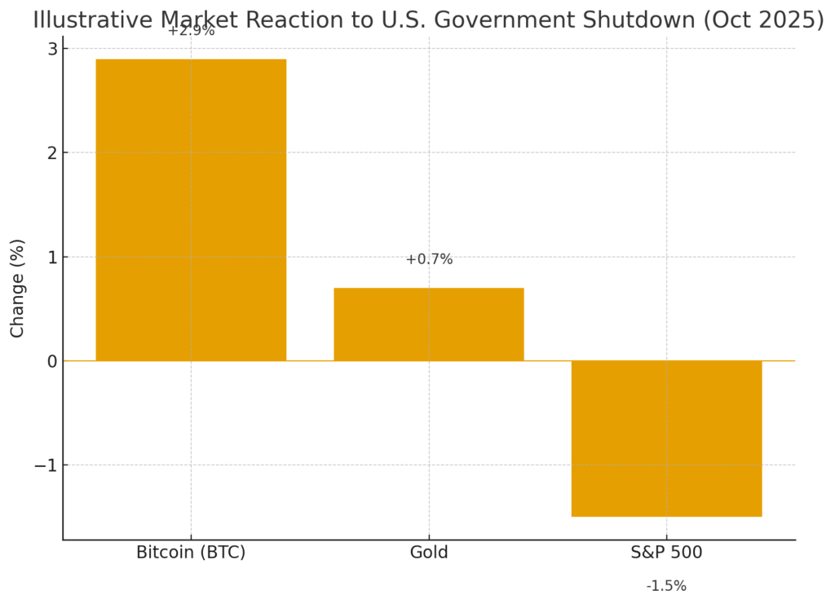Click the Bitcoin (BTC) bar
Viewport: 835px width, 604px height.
click(x=191, y=209)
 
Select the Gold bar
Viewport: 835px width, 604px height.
click(x=428, y=324)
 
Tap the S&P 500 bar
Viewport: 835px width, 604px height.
click(x=666, y=439)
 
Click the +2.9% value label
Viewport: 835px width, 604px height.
click(x=191, y=31)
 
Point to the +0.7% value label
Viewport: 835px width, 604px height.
click(x=429, y=259)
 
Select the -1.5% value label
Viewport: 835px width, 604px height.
click(x=666, y=586)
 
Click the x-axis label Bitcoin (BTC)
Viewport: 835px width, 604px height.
click(x=191, y=553)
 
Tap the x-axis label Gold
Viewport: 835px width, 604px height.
click(x=429, y=553)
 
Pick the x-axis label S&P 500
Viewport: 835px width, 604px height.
click(x=666, y=553)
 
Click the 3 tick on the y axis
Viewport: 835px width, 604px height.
click(x=51, y=49)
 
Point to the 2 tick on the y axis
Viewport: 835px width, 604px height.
click(x=51, y=152)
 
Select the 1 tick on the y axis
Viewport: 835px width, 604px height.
click(x=51, y=257)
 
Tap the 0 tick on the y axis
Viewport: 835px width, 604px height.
click(x=51, y=361)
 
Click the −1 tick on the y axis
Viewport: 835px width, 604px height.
click(x=46, y=465)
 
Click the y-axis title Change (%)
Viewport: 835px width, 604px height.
click(x=17, y=288)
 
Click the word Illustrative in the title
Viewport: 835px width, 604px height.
click(x=86, y=20)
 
